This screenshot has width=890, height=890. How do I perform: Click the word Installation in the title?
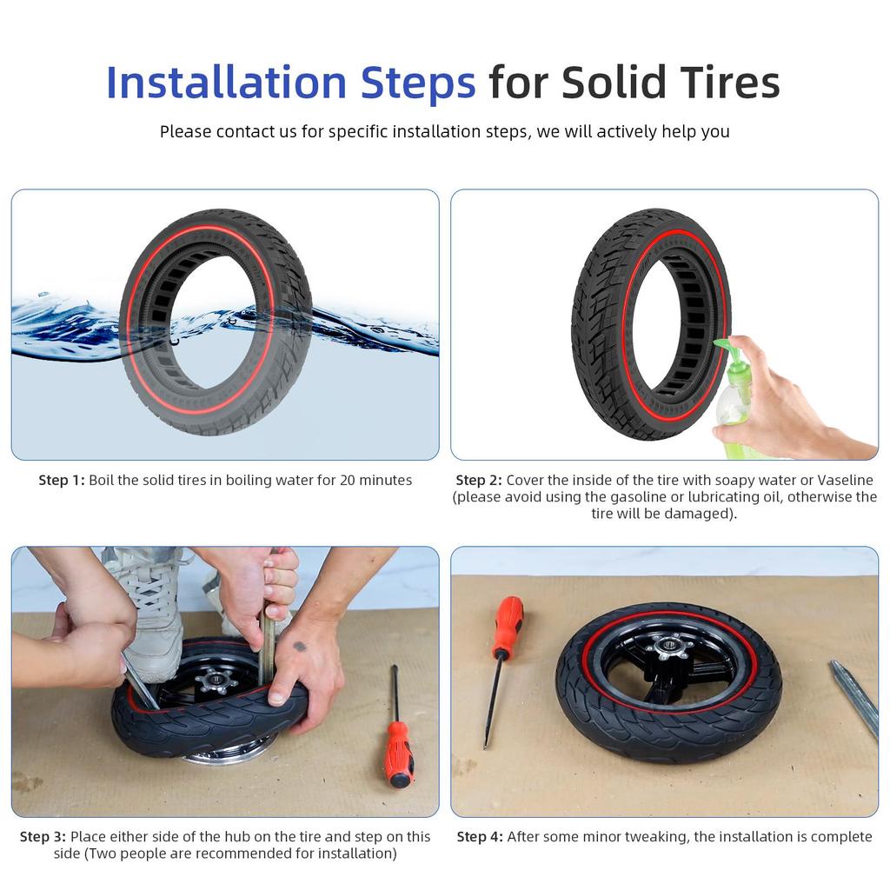pyautogui.click(x=225, y=83)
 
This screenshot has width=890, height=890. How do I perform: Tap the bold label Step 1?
pyautogui.click(x=61, y=481)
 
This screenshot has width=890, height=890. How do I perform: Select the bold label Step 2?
pyautogui.click(x=478, y=481)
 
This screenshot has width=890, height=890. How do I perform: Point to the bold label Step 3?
pyautogui.click(x=43, y=837)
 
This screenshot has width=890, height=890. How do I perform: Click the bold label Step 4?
pyautogui.click(x=480, y=837)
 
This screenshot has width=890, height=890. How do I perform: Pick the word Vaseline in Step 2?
pyautogui.click(x=845, y=481)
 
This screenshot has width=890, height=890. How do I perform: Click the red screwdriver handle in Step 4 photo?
pyautogui.click(x=508, y=626)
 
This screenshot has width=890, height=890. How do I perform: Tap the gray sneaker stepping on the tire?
pyautogui.click(x=152, y=608)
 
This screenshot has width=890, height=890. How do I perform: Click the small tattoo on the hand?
pyautogui.click(x=300, y=646)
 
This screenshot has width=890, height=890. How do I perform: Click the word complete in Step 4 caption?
pyautogui.click(x=840, y=837)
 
